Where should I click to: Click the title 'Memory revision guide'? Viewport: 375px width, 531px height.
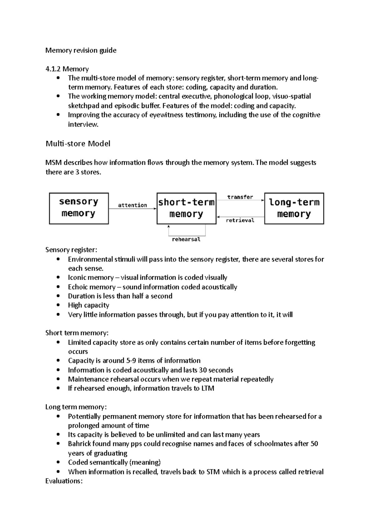click(81, 50)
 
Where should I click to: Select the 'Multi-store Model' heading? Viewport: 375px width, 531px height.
click(78, 144)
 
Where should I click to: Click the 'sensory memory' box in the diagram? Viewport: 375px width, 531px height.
click(79, 208)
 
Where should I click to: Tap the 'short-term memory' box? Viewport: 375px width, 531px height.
click(186, 208)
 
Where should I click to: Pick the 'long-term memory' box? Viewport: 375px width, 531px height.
click(294, 208)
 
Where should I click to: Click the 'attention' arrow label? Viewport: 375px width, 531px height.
click(132, 205)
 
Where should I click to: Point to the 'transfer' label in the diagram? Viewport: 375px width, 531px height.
click(240, 197)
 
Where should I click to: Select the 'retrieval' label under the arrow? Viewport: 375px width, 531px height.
click(240, 220)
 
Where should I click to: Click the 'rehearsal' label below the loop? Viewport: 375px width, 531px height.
click(186, 240)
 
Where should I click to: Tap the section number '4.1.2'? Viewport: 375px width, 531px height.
click(53, 69)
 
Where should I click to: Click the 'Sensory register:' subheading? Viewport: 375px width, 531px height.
click(71, 250)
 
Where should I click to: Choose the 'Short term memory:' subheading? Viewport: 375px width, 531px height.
click(77, 333)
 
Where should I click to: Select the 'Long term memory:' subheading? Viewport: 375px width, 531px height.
click(76, 407)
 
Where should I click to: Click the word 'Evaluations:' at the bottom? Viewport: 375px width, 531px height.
click(64, 481)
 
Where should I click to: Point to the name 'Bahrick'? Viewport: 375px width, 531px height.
click(78, 444)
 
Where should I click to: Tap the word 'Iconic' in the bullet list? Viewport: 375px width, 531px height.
click(77, 278)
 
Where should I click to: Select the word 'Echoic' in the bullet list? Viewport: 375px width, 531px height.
click(78, 287)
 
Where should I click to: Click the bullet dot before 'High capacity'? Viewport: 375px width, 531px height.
click(58, 305)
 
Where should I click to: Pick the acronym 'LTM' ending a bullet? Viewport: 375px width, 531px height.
click(207, 388)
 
